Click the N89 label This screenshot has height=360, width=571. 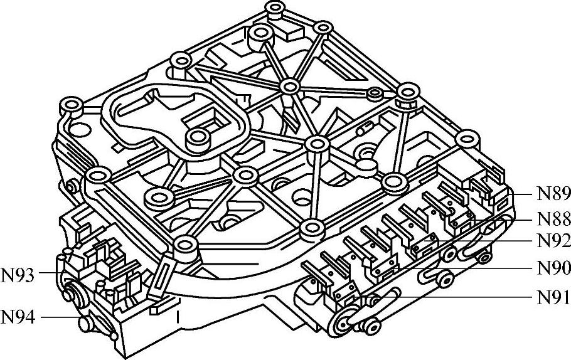[x=553, y=193]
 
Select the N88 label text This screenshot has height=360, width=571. [x=553, y=219]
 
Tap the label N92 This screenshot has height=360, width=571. [x=553, y=240]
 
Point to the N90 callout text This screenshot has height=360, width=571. [x=553, y=268]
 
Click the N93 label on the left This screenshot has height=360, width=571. [x=18, y=274]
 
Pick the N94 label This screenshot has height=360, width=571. [x=18, y=317]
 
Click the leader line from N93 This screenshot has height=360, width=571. [x=49, y=274]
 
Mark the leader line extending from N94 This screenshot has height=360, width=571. [x=60, y=317]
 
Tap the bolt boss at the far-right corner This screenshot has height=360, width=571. [x=467, y=138]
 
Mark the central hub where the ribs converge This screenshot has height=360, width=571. [x=290, y=87]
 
